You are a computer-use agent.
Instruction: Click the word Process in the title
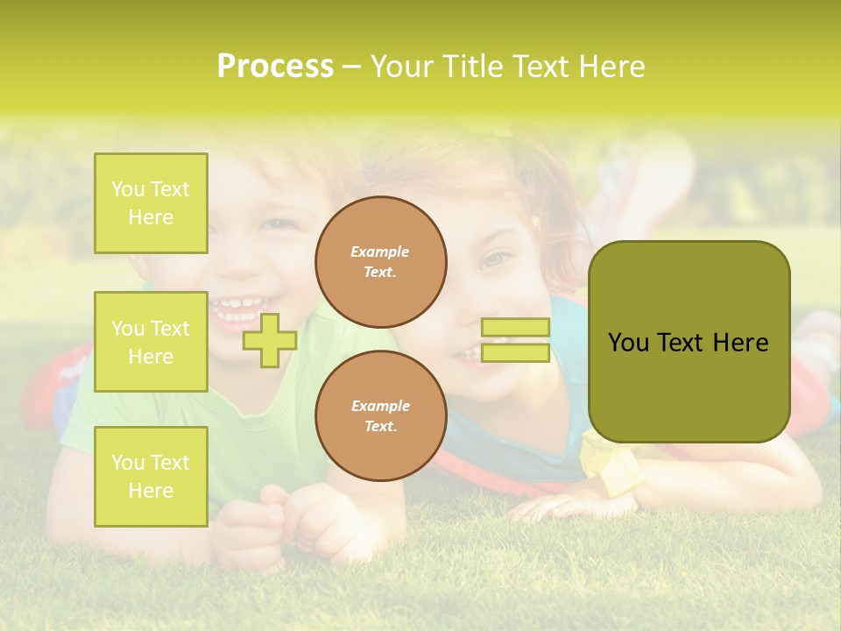(x=275, y=67)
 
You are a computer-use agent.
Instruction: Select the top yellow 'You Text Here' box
(x=151, y=203)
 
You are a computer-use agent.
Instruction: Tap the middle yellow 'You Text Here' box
(x=151, y=342)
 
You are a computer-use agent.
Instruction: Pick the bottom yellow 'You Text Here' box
(x=151, y=476)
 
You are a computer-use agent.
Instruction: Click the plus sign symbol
(x=270, y=340)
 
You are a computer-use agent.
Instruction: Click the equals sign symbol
(x=515, y=340)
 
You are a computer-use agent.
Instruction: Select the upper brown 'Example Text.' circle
(x=380, y=262)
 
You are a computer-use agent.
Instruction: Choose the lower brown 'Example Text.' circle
(x=380, y=416)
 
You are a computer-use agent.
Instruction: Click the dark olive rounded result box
(x=689, y=342)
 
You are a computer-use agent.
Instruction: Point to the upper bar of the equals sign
(x=515, y=327)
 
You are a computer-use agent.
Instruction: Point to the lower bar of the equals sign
(x=515, y=353)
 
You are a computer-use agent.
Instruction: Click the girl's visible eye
(x=497, y=259)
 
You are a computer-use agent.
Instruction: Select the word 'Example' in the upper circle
(x=380, y=252)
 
